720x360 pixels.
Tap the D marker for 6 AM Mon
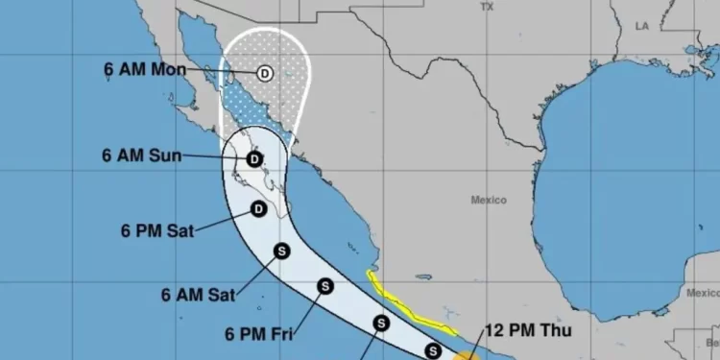[265, 72]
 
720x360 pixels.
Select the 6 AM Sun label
[141, 156]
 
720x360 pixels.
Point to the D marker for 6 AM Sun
[254, 159]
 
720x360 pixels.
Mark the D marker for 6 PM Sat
[258, 209]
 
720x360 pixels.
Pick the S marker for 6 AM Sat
[282, 252]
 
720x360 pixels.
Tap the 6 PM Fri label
[258, 335]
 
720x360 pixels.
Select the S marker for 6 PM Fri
[325, 286]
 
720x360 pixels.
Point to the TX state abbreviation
[487, 7]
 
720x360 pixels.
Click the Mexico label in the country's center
[489, 200]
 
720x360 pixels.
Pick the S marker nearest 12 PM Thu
[433, 351]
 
